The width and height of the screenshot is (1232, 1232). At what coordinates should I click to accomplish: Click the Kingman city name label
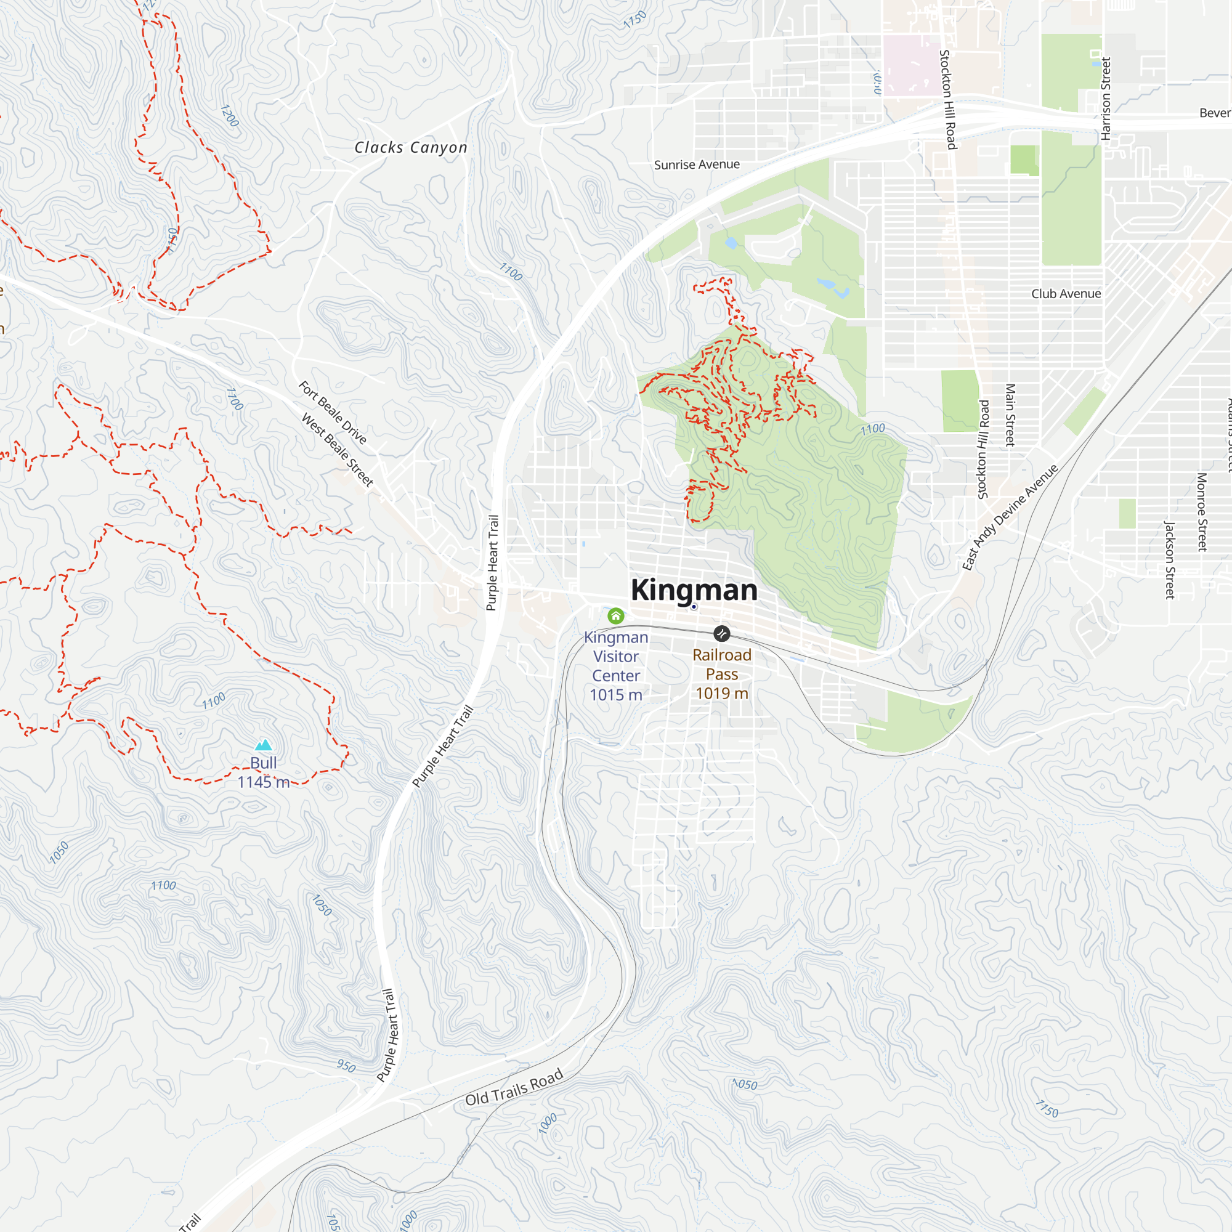(x=694, y=590)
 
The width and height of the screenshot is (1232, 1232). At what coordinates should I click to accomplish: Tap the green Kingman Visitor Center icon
(x=615, y=615)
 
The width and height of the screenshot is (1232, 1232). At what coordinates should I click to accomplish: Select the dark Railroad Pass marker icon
(x=721, y=633)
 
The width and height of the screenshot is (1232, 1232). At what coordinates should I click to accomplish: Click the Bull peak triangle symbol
(x=264, y=745)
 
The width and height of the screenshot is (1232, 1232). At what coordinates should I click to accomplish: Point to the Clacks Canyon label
(x=411, y=147)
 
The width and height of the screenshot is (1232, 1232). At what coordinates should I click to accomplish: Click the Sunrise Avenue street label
(x=696, y=164)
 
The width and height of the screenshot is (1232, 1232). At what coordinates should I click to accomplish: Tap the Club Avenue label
(x=1066, y=294)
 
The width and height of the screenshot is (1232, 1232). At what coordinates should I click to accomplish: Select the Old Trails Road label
(x=514, y=1087)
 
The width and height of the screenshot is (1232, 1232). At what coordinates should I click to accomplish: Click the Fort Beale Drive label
(x=332, y=413)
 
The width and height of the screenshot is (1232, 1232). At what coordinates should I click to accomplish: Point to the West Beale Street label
(x=337, y=450)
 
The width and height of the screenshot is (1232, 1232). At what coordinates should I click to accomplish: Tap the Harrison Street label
(x=1106, y=99)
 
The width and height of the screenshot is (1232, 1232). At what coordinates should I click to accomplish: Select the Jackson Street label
(x=1170, y=560)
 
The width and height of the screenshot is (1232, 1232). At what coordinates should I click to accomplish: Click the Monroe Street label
(x=1201, y=512)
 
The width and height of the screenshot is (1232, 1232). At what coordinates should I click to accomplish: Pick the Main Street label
(x=1010, y=415)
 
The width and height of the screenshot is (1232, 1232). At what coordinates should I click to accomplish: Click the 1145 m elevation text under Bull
(x=264, y=782)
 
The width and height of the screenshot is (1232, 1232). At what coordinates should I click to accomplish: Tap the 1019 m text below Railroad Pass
(x=721, y=693)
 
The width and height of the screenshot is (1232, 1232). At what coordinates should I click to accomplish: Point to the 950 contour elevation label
(x=346, y=1066)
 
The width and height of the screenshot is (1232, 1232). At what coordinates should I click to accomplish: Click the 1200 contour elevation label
(x=229, y=115)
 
